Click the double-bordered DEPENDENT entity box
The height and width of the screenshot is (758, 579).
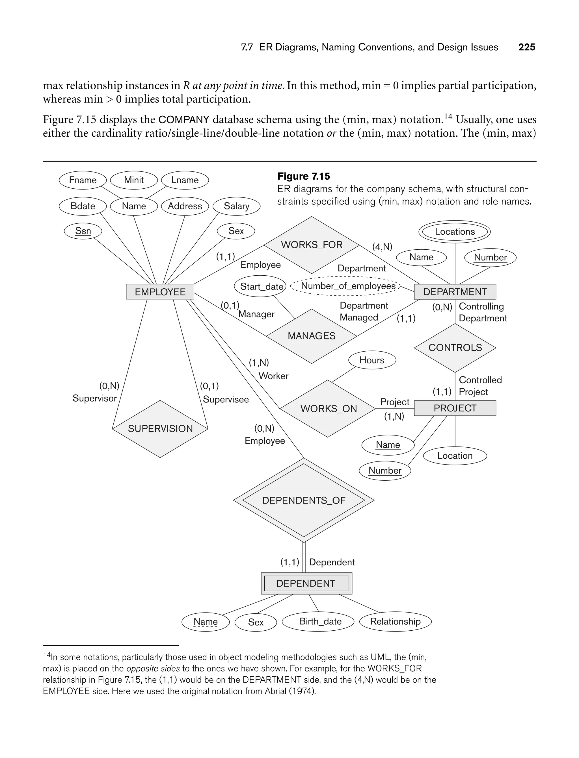[x=306, y=583]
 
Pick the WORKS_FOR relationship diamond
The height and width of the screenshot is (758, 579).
[x=312, y=245]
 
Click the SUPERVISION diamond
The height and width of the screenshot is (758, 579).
[x=160, y=429]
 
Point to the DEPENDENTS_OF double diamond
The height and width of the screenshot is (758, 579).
[x=304, y=500]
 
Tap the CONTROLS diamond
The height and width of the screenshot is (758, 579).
[x=455, y=348]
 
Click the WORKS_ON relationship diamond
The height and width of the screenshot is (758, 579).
[x=328, y=409]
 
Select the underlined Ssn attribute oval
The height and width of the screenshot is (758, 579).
[x=83, y=231]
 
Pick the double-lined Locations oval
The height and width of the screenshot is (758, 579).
[x=455, y=231]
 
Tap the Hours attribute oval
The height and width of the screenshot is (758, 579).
[x=372, y=360]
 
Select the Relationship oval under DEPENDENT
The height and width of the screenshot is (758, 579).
[x=395, y=621]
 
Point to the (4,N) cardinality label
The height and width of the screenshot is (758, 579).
[x=382, y=247]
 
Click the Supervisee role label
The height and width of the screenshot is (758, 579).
[x=226, y=399]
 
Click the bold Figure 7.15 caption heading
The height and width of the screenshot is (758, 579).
[x=303, y=176]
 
